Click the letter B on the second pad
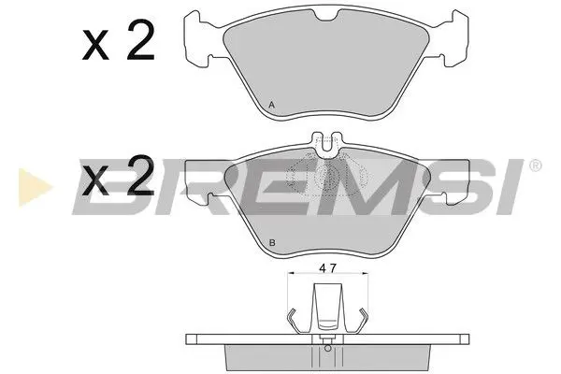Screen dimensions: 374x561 tap(271, 243)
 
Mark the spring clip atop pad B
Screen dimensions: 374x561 tap(324, 144)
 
